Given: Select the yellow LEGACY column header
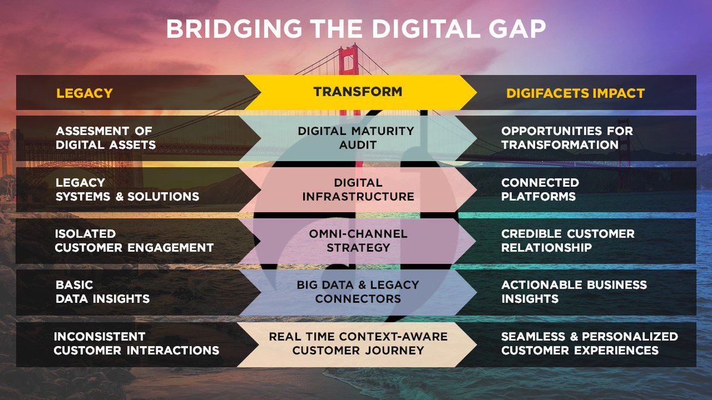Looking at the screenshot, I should coord(84,93).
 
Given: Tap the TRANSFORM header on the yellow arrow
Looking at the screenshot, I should coord(358,92).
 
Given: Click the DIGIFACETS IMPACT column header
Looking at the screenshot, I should coord(575,93).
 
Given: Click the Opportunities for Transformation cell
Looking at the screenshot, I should coord(567,137).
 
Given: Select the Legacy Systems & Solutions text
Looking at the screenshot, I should coord(127,189).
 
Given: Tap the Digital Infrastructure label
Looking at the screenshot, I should coord(358,189).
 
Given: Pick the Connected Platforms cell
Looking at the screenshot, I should coord(539,189).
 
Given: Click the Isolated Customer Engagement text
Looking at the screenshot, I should coord(133,241).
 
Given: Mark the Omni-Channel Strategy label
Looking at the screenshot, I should coord(358,241).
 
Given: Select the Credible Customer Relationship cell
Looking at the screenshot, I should coord(567,241).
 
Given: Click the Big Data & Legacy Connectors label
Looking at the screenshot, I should coord(358,292).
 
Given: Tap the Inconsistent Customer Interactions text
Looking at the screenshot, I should coord(136,343).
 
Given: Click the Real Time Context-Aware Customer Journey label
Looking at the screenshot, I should coord(358,343).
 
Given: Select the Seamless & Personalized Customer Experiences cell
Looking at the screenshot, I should coord(589,343).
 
